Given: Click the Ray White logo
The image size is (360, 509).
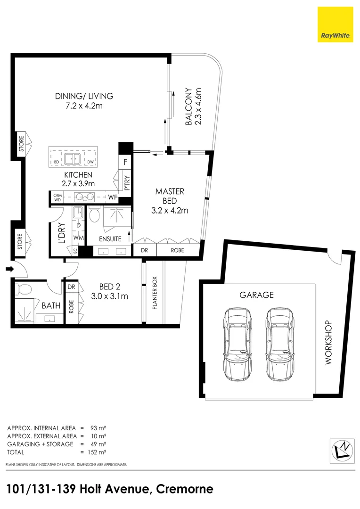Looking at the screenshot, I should point(335,25).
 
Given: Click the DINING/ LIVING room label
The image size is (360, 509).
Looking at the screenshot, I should point(84,101).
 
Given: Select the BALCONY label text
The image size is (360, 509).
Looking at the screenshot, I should point(193,107).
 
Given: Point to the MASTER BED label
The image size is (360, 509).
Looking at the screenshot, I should point(170,201).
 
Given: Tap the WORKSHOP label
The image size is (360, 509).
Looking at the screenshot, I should point(328,343).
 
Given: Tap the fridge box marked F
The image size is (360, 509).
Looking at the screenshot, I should point(125,162).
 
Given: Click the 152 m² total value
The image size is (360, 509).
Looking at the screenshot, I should point(98,452).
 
